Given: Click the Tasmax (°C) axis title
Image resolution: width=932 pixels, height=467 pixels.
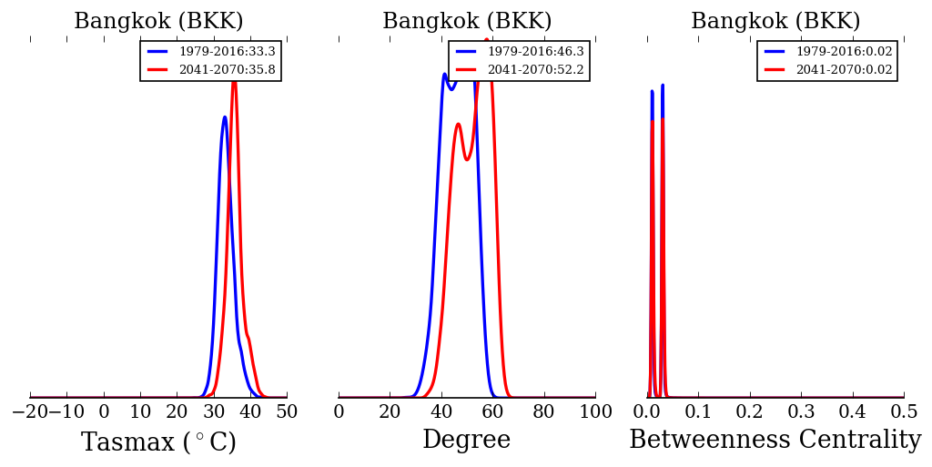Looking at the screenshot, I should [x=158, y=442].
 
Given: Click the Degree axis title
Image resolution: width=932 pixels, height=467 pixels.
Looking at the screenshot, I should [x=466, y=441].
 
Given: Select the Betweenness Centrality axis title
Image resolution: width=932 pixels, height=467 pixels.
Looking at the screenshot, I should [x=775, y=441].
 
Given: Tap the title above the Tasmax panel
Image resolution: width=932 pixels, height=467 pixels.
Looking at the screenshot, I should [x=158, y=22].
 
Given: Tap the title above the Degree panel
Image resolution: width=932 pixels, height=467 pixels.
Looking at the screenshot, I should [x=466, y=22].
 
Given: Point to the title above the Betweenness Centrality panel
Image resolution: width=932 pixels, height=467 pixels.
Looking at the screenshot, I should [x=775, y=22].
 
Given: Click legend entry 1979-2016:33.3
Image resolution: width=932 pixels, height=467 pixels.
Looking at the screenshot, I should [x=227, y=52].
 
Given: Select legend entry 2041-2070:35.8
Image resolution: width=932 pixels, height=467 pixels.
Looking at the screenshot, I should [x=227, y=69].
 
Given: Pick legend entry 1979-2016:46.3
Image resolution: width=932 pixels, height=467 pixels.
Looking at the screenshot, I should [x=535, y=52].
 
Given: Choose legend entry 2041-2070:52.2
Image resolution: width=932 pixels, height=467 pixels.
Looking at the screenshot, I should [x=535, y=69].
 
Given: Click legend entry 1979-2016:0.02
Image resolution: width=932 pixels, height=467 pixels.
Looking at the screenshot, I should [x=844, y=52].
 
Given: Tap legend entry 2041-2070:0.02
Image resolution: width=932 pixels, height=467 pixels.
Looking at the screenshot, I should [x=844, y=69].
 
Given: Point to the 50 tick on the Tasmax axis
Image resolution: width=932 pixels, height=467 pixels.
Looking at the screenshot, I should [x=287, y=411].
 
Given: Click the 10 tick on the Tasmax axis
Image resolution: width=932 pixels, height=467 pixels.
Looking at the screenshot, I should [x=140, y=411].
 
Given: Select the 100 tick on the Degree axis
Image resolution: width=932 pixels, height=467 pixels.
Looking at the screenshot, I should [x=595, y=411].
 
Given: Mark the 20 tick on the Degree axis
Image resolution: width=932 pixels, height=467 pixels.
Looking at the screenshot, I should [x=390, y=411].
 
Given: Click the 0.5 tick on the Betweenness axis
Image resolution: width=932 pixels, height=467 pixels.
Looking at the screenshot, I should [x=904, y=411].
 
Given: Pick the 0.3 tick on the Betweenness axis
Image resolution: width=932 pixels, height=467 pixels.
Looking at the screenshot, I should [x=801, y=411].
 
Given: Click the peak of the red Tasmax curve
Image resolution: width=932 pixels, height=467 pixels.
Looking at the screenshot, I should [x=234, y=81].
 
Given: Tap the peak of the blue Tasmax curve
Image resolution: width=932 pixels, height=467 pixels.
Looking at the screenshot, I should [x=224, y=117].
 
